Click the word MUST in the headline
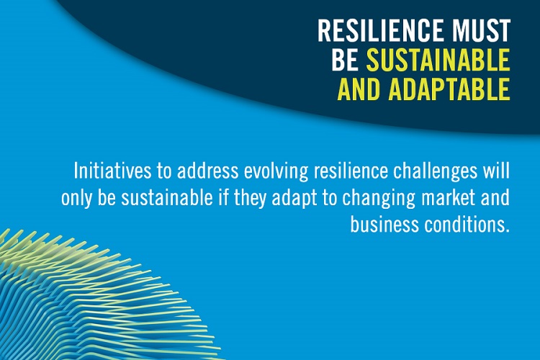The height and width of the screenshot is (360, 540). [481, 30]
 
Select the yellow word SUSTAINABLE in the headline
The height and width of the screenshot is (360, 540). [438, 60]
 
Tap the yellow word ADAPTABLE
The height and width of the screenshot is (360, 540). [449, 89]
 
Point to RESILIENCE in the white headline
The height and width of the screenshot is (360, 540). [381, 30]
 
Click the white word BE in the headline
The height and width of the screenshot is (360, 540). [345, 60]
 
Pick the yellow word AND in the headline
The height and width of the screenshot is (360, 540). [359, 89]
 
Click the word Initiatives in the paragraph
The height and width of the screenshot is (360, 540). [112, 171]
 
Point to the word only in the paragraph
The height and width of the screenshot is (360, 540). [76, 199]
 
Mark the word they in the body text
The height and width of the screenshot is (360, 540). [251, 199]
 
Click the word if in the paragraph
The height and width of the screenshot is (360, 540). [223, 198]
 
